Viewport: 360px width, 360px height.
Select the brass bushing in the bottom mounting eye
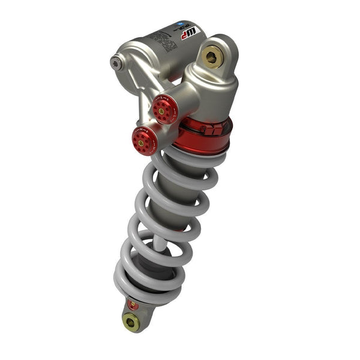click(131, 323)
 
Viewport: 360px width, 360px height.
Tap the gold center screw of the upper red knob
click(161, 110)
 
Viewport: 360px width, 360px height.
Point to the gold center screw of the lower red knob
click(142, 142)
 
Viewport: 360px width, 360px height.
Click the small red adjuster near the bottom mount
click(134, 305)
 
